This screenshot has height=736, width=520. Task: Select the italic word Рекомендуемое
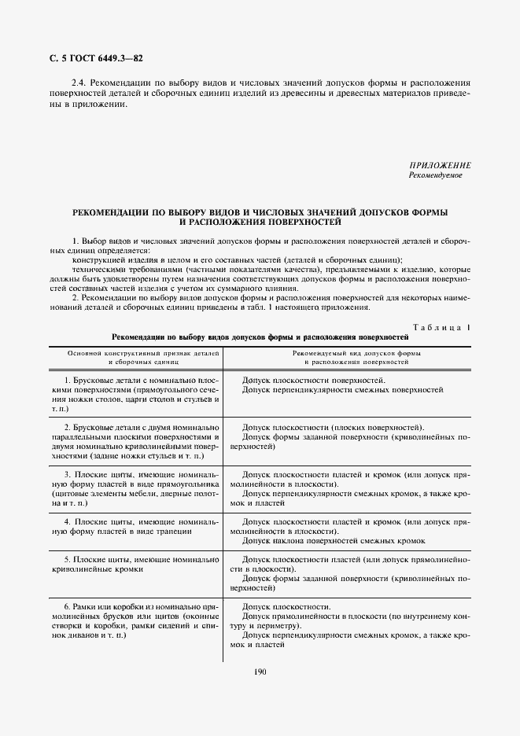pos(435,175)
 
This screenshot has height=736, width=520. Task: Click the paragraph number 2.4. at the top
pos(79,82)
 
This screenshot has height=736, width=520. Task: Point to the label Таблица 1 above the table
pos(441,326)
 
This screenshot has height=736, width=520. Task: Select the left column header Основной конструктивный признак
pos(135,354)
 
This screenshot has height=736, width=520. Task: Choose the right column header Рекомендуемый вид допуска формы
pos(350,354)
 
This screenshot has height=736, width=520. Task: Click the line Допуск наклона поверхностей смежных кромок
pos(334,540)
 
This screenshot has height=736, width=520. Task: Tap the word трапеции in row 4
pos(172,532)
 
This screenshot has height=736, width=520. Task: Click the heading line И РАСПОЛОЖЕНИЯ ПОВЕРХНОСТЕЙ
pos(260,223)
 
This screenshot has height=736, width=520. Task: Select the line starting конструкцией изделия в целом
pos(236,259)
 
